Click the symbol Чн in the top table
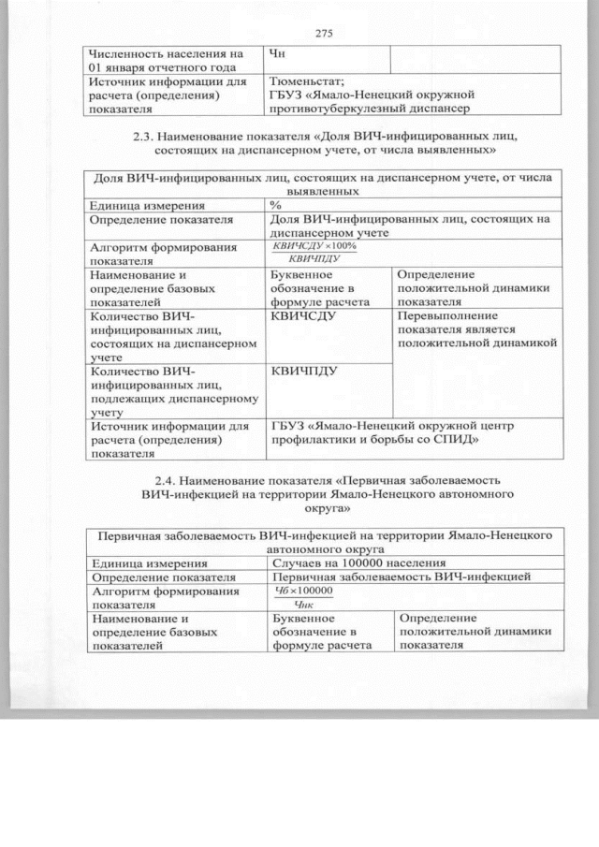click(277, 53)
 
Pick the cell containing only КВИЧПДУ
click(303, 371)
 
